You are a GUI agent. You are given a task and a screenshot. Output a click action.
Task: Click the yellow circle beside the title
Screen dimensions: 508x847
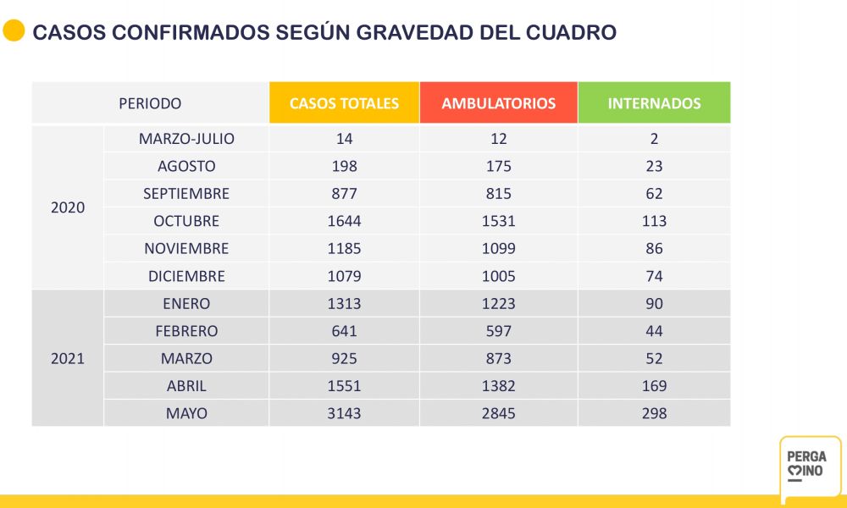pos(14,31)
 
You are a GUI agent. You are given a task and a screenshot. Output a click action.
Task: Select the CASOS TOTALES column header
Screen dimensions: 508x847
pos(344,103)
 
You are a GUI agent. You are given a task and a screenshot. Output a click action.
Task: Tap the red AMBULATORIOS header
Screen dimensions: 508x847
pos(498,103)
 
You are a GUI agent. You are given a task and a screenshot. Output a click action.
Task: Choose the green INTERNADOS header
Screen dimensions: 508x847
pos(654,103)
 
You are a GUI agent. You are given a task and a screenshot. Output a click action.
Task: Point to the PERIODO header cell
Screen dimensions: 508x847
pos(150,103)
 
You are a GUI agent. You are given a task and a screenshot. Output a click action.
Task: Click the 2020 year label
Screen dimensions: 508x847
pos(68,207)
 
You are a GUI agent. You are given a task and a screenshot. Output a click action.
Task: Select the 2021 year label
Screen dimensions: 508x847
pos(68,358)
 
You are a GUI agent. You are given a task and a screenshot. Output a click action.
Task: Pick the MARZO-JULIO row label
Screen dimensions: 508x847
pos(186,139)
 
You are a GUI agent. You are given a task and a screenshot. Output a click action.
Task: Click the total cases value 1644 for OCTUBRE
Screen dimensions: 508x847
pos(344,221)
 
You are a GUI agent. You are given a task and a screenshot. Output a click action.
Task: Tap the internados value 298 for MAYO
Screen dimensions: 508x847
pos(654,413)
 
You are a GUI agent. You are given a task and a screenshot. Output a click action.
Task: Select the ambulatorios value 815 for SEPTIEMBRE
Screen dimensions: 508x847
pos(498,194)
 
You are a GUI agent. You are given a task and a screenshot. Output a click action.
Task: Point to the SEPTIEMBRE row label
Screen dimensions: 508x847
pos(186,194)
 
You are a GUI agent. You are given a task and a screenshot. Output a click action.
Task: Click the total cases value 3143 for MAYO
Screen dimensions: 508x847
pos(344,413)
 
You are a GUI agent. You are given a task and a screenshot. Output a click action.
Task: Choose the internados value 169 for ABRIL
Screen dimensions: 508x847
pos(654,386)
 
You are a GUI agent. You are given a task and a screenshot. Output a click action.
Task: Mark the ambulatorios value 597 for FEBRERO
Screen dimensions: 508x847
pos(498,331)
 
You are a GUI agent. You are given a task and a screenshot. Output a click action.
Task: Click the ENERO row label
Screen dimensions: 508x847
pos(186,304)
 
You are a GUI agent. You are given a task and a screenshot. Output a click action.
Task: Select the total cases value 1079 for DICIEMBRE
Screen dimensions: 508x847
pos(344,276)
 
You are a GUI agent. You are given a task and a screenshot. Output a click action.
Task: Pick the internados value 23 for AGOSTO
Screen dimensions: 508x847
pos(654,166)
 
